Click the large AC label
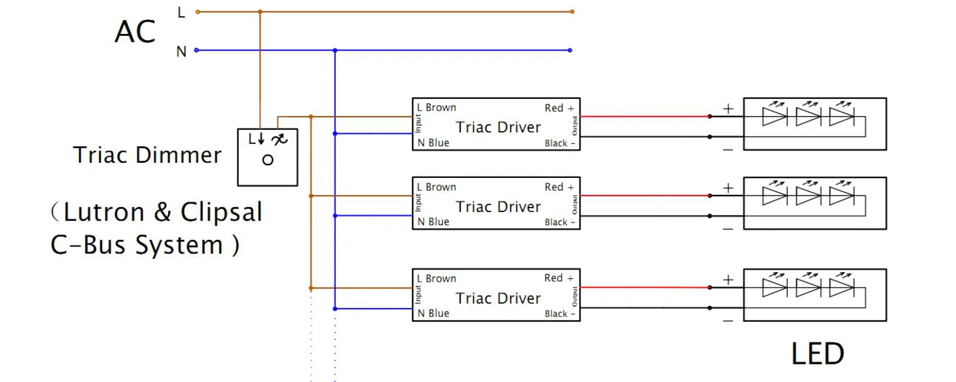pyautogui.click(x=135, y=32)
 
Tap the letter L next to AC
pyautogui.click(x=181, y=12)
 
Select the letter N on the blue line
pyautogui.click(x=181, y=52)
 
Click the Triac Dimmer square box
pyautogui.click(x=267, y=157)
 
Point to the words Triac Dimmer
pyautogui.click(x=147, y=155)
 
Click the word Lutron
pyautogui.click(x=104, y=213)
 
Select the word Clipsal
pyautogui.click(x=221, y=213)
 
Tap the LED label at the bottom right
pyautogui.click(x=818, y=354)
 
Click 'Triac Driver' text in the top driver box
pyautogui.click(x=498, y=127)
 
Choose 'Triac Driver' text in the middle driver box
pyautogui.click(x=498, y=206)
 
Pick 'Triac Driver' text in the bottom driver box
pyautogui.click(x=498, y=298)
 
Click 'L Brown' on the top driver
pyautogui.click(x=436, y=107)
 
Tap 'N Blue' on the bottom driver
pyautogui.click(x=433, y=313)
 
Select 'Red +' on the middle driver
pyautogui.click(x=559, y=187)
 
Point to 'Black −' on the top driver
pyautogui.click(x=559, y=143)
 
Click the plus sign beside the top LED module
pyautogui.click(x=728, y=109)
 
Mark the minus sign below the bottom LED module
pyautogui.click(x=728, y=321)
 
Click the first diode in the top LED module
pyautogui.click(x=774, y=116)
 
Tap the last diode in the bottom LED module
pyautogui.click(x=841, y=287)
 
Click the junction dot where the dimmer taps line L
pyautogui.click(x=260, y=12)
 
